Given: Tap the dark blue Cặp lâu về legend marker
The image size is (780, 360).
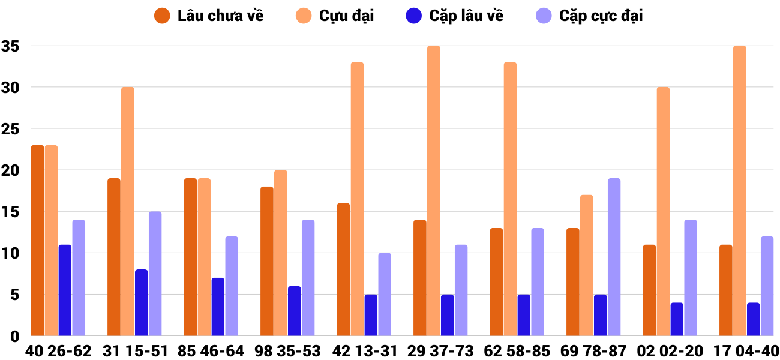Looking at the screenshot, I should pyautogui.click(x=414, y=16).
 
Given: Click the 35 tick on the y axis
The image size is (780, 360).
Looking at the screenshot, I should pyautogui.click(x=10, y=46).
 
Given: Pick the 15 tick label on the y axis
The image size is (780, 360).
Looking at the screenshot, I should pyautogui.click(x=10, y=212).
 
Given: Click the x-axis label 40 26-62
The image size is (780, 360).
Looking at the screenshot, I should pyautogui.click(x=58, y=351).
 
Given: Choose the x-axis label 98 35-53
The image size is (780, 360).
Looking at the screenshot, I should pyautogui.click(x=287, y=351).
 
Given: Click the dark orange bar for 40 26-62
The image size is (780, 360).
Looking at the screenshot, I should pyautogui.click(x=37, y=240).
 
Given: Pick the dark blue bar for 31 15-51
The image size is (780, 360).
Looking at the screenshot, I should pyautogui.click(x=141, y=302).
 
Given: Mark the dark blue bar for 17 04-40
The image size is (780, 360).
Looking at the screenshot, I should pyautogui.click(x=754, y=319).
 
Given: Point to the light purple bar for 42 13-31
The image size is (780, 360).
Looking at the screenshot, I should pyautogui.click(x=385, y=294).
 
